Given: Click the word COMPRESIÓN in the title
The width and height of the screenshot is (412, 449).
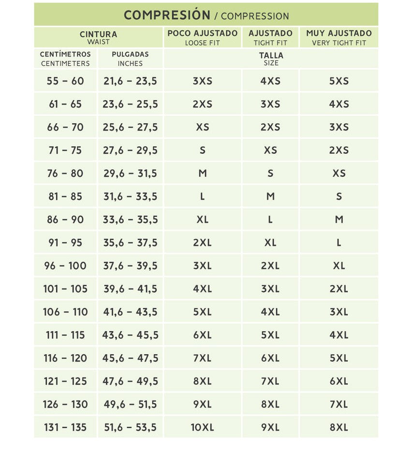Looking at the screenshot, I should coord(167,15).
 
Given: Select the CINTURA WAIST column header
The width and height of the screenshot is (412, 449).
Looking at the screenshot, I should coord(98,37).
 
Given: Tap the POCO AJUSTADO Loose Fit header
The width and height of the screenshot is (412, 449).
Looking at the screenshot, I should coord(202,37).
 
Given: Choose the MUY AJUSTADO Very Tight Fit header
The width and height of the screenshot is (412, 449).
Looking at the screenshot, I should coord(338,37).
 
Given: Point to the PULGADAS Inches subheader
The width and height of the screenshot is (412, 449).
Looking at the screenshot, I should coord(130,58).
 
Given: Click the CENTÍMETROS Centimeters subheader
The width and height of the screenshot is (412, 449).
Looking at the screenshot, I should coord(65,58).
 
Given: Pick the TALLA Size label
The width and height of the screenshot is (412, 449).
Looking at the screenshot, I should coord(271,58).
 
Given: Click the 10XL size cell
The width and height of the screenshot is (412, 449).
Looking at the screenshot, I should coord(202,427).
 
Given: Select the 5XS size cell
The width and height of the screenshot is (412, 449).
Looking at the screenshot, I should coord(338,81).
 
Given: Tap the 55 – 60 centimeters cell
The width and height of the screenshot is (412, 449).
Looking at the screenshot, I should coord(65,81).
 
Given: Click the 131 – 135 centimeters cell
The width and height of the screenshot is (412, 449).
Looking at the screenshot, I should coord(65,427).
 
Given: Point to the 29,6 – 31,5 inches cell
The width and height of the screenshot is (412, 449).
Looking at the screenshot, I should coord(130,173).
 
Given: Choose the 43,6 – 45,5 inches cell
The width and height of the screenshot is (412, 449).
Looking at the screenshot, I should coord(130,335).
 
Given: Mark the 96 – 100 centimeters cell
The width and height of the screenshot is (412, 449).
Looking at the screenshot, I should coord(65,266).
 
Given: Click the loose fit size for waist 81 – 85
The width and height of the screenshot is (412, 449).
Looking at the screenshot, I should coord(202,196).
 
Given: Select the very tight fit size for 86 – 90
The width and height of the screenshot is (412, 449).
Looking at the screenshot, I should coord(338,219).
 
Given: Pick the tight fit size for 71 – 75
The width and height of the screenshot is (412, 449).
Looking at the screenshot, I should coord(270,150).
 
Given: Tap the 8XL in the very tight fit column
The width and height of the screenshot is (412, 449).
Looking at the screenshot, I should coord(338,427).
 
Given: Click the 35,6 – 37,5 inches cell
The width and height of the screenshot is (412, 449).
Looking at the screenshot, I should coord(130,243).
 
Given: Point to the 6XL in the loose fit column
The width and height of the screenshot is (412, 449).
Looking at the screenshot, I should coord(202,335).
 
